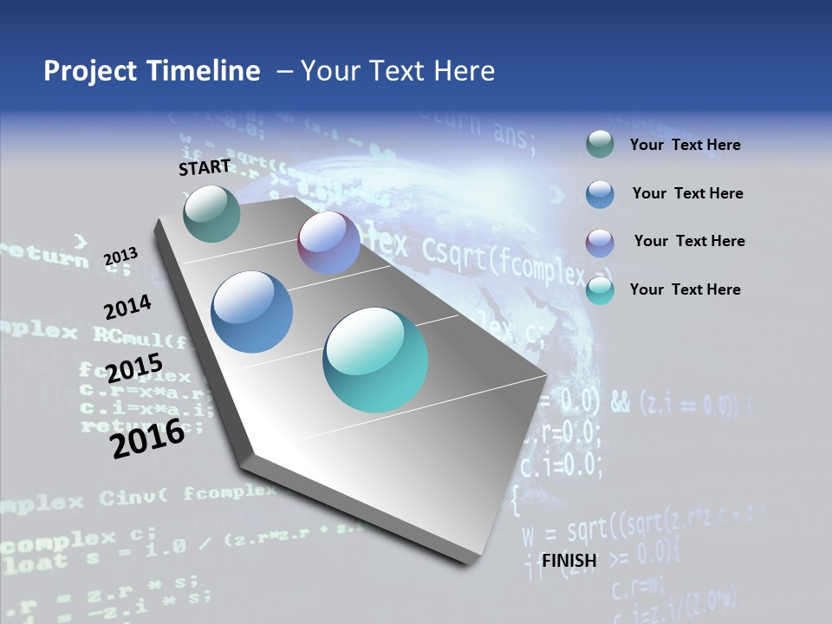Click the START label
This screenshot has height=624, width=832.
coord(205,167)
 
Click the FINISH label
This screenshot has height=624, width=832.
coord(569,561)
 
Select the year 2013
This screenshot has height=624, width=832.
coord(120,257)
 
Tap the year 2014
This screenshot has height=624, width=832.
coord(127,307)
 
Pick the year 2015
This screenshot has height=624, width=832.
coord(134,368)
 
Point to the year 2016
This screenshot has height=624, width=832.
coord(147,439)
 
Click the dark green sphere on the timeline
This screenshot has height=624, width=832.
coord(212,213)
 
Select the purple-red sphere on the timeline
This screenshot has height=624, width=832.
coord(328,243)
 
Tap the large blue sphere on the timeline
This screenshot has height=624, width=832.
coord(252,312)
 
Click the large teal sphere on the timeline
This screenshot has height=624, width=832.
coord(375,360)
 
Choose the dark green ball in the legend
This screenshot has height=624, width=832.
coord(600,145)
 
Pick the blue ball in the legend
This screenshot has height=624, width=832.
coord(600,194)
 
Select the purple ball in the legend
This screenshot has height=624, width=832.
coord(600,243)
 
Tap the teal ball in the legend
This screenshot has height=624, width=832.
coord(600,290)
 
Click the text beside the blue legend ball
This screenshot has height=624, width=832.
coord(687,193)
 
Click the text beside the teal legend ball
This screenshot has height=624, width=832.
coord(685,289)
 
